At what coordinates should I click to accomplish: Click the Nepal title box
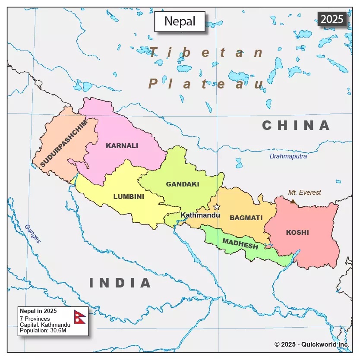(180, 21)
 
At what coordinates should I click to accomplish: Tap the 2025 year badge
(332, 19)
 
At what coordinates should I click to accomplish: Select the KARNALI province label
(122, 145)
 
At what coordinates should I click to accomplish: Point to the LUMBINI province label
(129, 197)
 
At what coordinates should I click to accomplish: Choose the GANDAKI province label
(183, 184)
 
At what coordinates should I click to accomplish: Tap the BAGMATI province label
(246, 218)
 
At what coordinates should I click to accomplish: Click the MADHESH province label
(240, 244)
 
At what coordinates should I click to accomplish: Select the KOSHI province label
(297, 233)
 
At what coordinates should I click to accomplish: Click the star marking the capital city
(217, 207)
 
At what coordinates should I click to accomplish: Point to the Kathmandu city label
(200, 215)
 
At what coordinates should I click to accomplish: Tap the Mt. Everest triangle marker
(293, 201)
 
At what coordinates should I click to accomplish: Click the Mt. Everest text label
(305, 193)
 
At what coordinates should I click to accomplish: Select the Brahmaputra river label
(288, 156)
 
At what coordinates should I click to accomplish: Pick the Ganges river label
(32, 234)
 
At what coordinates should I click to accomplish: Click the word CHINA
(296, 126)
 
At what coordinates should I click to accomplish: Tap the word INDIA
(120, 283)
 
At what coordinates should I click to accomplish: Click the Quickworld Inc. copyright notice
(312, 344)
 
